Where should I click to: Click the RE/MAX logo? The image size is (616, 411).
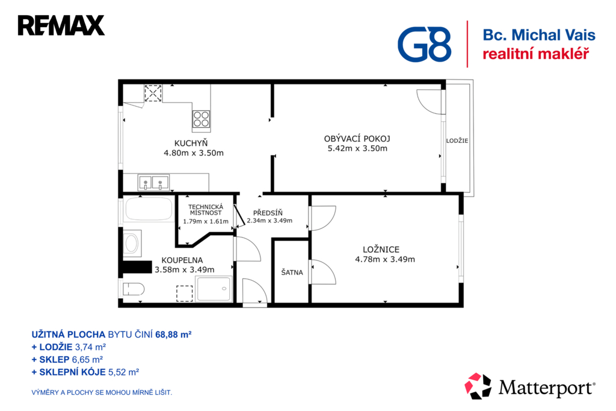pos(61,25)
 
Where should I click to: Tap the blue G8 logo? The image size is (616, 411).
pos(424,44)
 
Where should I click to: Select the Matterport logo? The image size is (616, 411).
pos(530,386)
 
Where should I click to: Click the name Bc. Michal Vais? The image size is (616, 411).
pos(539,35)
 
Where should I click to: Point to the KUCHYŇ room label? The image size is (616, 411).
pos(191,143)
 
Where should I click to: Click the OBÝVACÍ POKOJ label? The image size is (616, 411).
pos(357,139)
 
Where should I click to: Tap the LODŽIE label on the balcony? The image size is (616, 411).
pos(457,140)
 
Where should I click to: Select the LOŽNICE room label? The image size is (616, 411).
pos(381,249)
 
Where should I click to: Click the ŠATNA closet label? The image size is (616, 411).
pos(292,272)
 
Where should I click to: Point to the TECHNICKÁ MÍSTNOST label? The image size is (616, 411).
pos(206,210)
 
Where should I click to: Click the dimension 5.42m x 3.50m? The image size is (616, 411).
pos(357,148)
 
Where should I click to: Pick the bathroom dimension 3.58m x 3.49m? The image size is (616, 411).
pos(185,269)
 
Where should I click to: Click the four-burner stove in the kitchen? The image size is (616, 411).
pos(201,119)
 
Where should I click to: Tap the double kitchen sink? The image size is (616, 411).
pos(153,183)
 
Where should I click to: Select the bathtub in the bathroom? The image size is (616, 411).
pos(149,209)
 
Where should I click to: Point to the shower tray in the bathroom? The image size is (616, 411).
pos(214,289)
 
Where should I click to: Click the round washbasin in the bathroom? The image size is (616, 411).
pos(131,243)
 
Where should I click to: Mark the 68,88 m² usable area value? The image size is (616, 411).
pos(173,334)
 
